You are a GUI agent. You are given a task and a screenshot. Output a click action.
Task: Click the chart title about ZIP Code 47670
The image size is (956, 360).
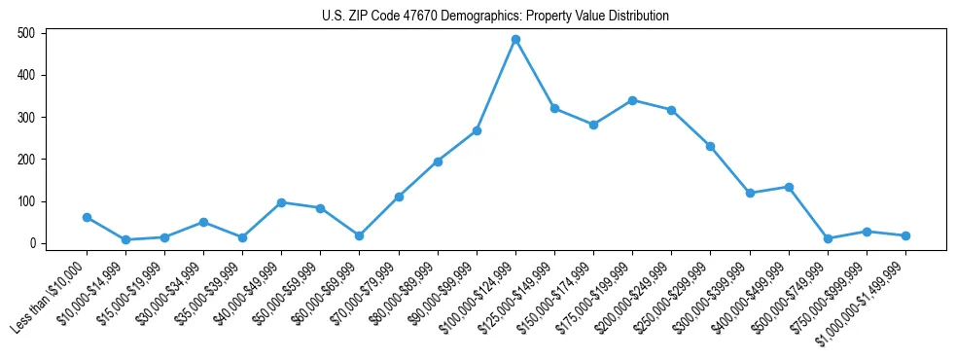tap(495, 16)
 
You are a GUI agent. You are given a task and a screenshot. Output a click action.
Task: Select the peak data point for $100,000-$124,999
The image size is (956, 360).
tap(515, 40)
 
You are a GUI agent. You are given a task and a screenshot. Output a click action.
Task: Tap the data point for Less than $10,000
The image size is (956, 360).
tap(87, 218)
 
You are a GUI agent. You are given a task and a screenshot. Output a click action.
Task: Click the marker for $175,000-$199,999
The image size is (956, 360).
tap(632, 100)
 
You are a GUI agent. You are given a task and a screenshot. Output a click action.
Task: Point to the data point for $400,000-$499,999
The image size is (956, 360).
tap(789, 187)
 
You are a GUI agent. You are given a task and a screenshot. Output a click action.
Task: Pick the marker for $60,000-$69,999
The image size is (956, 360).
tap(360, 235)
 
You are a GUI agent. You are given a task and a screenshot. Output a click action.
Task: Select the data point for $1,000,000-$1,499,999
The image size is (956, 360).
tap(905, 235)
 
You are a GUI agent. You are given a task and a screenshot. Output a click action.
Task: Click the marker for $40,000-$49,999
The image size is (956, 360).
tap(281, 202)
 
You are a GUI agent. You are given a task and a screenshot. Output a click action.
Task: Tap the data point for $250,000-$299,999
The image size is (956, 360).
tap(710, 146)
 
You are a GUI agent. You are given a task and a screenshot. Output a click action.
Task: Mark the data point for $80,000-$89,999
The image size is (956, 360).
tap(438, 162)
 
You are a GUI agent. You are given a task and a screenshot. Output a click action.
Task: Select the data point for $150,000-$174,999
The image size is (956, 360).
tap(593, 125)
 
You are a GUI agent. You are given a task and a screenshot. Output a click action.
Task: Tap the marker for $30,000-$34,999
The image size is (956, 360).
tap(203, 222)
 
